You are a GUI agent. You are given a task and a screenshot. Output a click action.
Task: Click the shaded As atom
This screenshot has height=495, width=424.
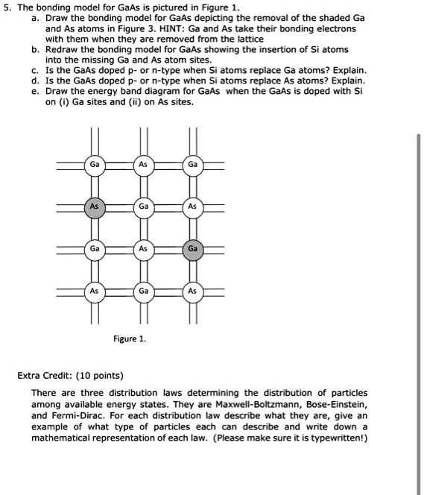(x=94, y=206)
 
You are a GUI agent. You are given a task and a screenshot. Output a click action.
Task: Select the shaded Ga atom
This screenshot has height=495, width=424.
(x=192, y=248)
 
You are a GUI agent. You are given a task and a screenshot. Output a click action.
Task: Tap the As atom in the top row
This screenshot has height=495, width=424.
(x=144, y=164)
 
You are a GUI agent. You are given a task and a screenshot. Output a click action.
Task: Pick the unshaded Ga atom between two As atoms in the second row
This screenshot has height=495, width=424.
(x=144, y=206)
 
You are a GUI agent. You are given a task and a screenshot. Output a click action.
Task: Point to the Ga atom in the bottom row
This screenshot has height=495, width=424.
(x=144, y=291)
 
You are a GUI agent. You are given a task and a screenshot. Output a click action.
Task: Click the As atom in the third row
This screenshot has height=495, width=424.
(x=144, y=248)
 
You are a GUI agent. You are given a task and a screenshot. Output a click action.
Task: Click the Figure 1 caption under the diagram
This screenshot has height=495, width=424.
(x=130, y=339)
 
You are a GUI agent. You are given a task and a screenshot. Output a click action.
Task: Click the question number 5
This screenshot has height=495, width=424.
(x=7, y=6)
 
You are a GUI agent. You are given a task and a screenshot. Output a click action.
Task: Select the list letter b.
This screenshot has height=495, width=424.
(x=35, y=49)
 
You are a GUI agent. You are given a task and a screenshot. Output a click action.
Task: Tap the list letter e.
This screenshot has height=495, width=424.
(x=35, y=91)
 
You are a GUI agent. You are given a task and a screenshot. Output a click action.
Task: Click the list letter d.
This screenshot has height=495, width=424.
(x=35, y=81)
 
